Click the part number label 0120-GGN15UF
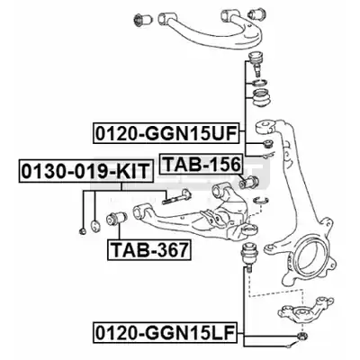pos(166,133)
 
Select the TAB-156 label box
pos(202,164)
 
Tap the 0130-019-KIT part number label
pos(85,171)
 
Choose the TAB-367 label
pos(149,249)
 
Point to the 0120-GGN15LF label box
pos(166,332)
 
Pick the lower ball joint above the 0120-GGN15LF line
pos(249,256)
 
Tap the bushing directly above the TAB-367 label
pos(117,218)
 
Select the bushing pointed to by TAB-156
pos(248,182)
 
